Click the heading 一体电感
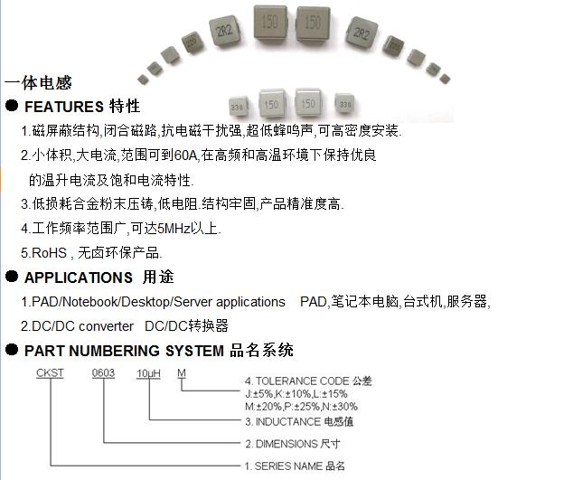(38, 82)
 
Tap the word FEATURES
(64, 107)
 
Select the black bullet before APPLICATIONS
(12, 277)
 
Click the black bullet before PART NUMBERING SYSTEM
(12, 350)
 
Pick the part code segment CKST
(50, 373)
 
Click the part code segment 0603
(103, 373)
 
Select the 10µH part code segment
(148, 373)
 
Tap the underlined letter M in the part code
(182, 373)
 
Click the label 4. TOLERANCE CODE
(297, 381)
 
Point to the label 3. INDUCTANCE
(284, 422)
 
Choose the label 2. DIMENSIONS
(281, 444)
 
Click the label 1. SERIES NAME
(284, 466)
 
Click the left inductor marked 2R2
(225, 31)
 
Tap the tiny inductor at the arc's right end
(445, 79)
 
